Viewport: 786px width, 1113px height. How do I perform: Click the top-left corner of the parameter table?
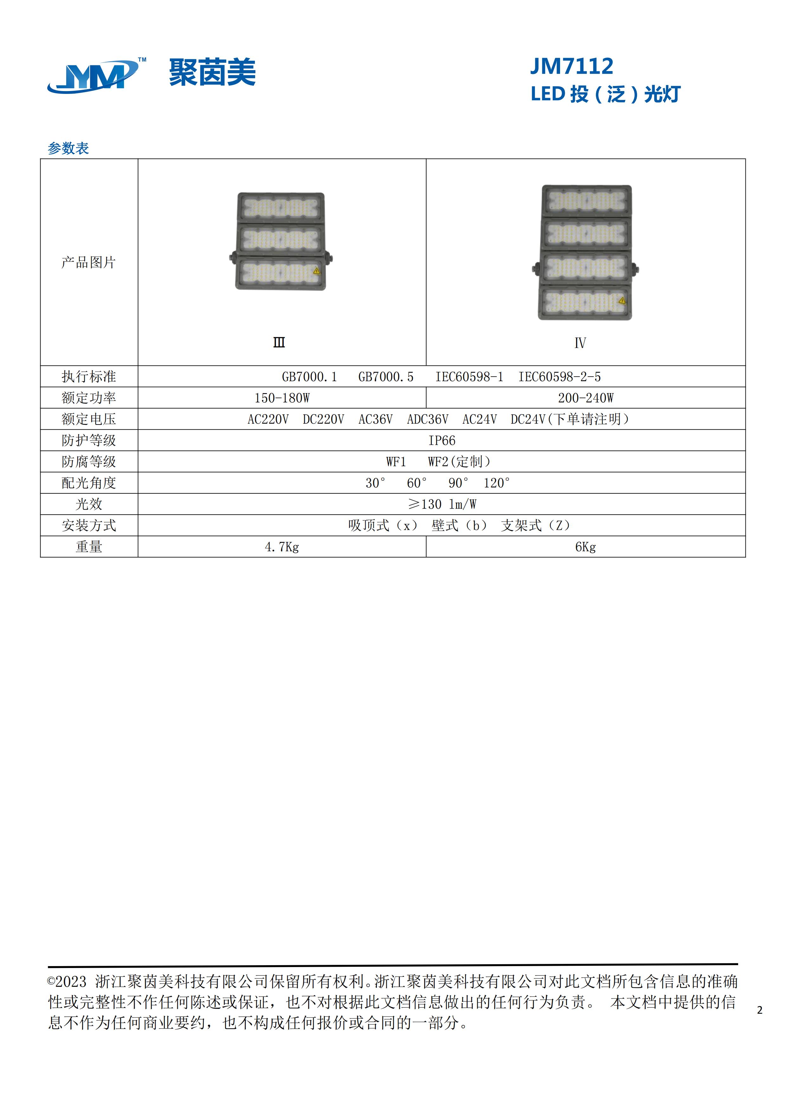tap(40, 159)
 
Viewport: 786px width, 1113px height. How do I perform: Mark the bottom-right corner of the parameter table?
tap(745, 557)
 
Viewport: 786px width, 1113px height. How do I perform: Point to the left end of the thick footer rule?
tap(48, 967)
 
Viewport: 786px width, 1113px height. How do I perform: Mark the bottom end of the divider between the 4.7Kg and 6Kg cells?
tap(426, 557)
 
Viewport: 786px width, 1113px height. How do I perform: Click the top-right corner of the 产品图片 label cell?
tap(138, 159)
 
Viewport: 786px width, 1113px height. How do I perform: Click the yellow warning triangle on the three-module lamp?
tap(317, 271)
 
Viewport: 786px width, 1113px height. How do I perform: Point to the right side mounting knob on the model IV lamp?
tap(635, 267)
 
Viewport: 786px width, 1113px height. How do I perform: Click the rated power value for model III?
tap(282, 398)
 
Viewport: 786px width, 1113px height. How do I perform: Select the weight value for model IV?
tap(585, 547)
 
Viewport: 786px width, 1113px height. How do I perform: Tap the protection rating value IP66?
tap(442, 441)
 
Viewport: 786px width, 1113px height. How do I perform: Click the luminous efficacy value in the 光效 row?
tap(442, 504)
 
